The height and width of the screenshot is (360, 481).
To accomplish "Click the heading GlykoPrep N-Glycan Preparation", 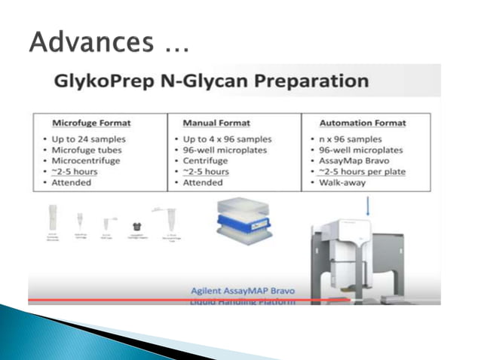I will (211, 81).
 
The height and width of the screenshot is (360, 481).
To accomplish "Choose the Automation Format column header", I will (362, 123).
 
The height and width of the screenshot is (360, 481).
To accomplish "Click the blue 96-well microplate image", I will (239, 220).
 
